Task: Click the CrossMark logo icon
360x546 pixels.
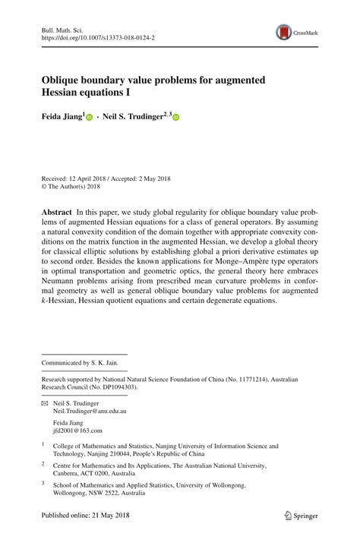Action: coord(285,32)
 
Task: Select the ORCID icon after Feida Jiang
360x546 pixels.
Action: coord(90,118)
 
